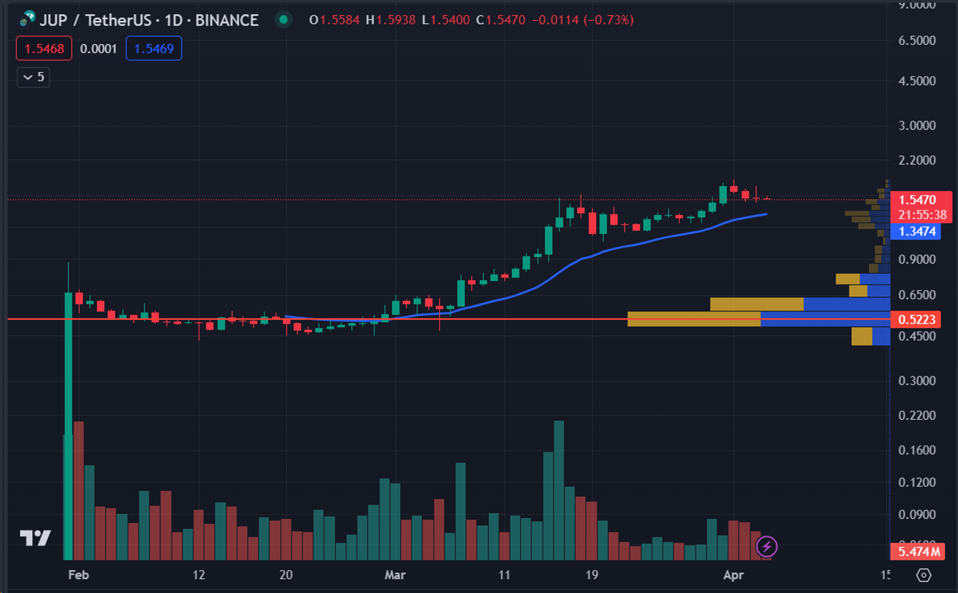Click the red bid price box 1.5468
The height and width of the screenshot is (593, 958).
coord(44,48)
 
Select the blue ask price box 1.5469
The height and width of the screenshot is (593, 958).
coord(154,48)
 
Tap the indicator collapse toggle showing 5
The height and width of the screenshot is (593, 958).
coord(34,77)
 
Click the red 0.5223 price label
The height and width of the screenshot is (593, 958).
coord(916,319)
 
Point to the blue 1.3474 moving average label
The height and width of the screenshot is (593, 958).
coord(916,232)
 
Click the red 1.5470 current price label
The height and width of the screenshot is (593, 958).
coord(917,200)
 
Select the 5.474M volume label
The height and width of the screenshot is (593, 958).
coord(918,551)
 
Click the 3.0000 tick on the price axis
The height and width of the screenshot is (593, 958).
coord(917,125)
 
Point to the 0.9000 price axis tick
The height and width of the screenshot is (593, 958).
coord(917,259)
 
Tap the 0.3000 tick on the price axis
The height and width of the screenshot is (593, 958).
coord(917,381)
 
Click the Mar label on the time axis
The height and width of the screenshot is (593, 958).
coord(395,575)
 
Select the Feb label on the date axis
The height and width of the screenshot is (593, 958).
coord(79,575)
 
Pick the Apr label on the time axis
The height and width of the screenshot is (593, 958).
coord(733,575)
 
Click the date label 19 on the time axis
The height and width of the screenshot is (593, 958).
coord(592,575)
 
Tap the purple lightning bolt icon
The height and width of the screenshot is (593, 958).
coord(766,547)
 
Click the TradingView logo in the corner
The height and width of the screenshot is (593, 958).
coord(35,538)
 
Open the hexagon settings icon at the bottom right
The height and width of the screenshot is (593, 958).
coord(924,575)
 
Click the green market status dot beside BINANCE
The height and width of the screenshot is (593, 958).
coord(284,20)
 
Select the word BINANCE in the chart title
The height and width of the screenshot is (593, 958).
coord(227,20)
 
